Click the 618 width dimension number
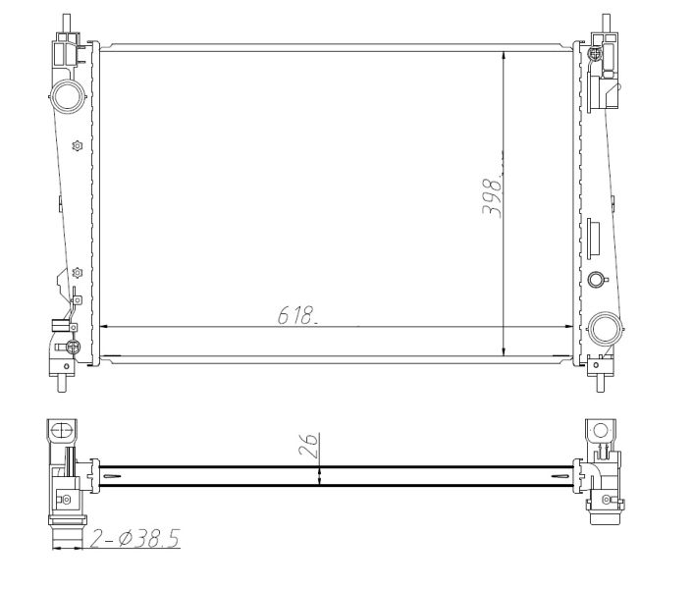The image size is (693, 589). (x=294, y=315)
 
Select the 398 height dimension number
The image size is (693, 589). (x=495, y=196)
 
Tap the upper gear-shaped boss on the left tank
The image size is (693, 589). (x=78, y=146)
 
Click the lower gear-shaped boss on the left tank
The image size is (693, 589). (x=78, y=272)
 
